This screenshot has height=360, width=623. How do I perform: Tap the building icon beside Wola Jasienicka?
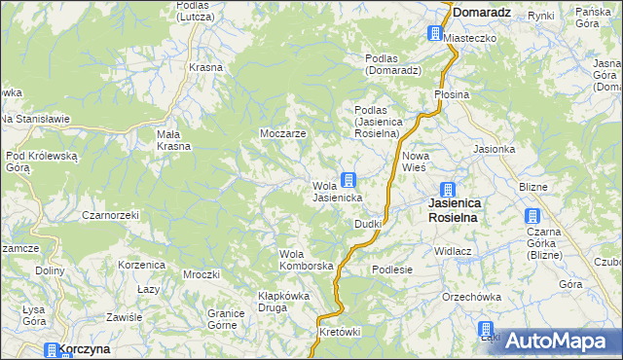[348, 180]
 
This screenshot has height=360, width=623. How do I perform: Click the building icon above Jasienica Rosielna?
[447, 190]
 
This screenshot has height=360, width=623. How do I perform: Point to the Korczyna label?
[84, 348]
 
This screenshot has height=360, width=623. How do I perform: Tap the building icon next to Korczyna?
[51, 349]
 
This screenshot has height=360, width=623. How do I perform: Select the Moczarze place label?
[283, 132]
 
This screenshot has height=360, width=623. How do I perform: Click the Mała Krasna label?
[174, 140]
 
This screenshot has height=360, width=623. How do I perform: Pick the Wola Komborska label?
[307, 260]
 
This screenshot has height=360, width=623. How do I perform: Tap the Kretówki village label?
[341, 332]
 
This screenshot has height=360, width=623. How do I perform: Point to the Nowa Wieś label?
[416, 162]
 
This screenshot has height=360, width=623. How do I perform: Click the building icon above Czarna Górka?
[532, 216]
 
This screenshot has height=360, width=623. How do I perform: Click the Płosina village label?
[452, 94]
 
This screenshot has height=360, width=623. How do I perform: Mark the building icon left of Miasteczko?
[434, 34]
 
